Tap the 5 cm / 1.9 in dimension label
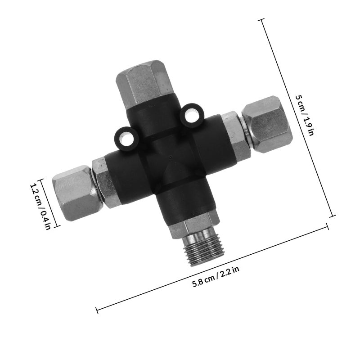[305, 115]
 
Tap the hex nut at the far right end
[267, 124]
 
